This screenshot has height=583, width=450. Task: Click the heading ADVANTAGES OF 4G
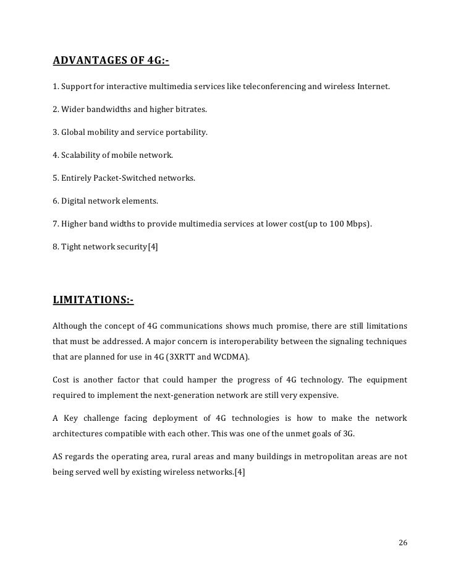pos(111,61)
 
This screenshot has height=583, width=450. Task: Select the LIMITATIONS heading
pos(93,300)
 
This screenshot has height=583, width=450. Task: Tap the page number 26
pos(403,543)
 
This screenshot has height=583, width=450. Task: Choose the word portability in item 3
pos(184,132)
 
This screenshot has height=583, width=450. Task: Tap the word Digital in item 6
pos(74,201)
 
